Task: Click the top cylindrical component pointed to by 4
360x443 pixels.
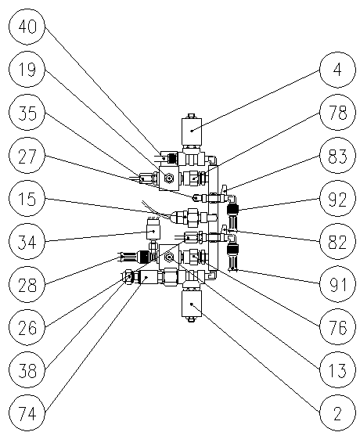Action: (x=192, y=131)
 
